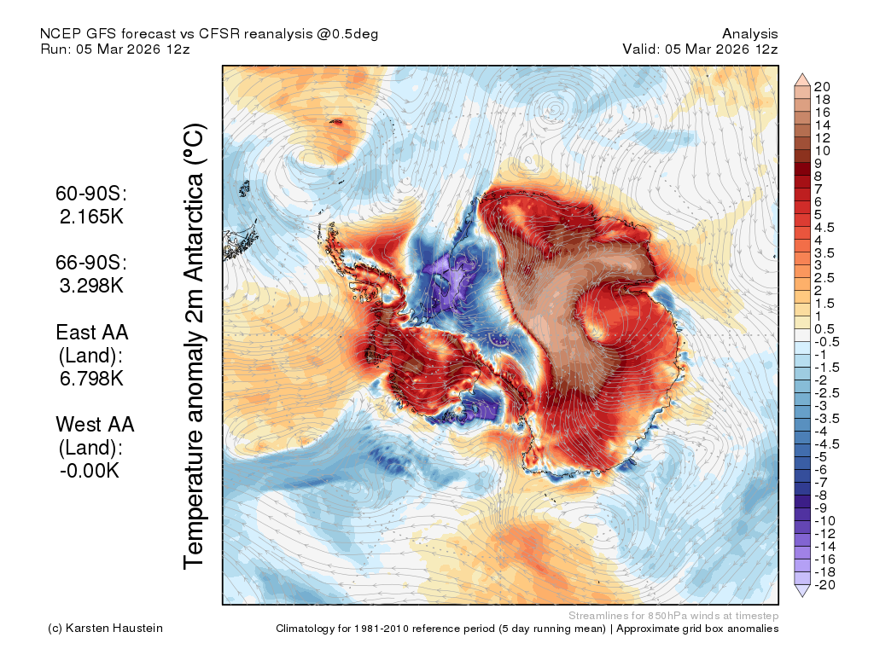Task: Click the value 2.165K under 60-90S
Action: (x=91, y=216)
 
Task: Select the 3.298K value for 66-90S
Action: (x=91, y=285)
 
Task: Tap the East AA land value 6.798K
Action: (x=91, y=378)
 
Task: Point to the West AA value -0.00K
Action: (x=90, y=471)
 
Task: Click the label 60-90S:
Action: (x=91, y=194)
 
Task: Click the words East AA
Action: (x=92, y=332)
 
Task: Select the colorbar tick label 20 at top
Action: (x=822, y=86)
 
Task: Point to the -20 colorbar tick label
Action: (x=824, y=585)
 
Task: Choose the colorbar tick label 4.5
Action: (x=824, y=227)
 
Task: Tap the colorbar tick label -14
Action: (x=824, y=547)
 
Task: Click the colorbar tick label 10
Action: (x=822, y=150)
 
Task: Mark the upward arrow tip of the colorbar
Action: (x=802, y=73)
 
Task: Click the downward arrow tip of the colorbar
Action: (x=802, y=596)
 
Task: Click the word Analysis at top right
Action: (x=749, y=33)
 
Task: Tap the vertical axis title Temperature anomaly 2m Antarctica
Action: (x=195, y=346)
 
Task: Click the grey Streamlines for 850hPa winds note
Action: (x=673, y=616)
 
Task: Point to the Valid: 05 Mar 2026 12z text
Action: (x=700, y=49)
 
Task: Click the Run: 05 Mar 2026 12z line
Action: (x=115, y=49)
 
